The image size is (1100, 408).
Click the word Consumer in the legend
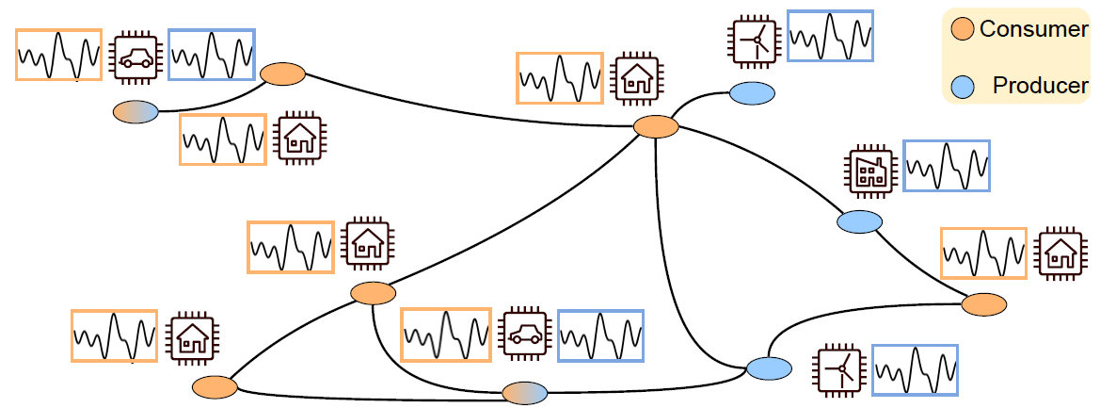(1033, 28)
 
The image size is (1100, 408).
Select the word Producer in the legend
(1040, 86)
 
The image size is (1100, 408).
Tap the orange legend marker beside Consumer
(962, 28)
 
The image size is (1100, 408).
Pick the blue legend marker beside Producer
(962, 86)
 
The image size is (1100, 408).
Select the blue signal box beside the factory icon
(946, 166)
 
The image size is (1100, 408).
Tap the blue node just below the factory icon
(859, 222)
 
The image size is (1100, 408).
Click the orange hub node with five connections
(656, 126)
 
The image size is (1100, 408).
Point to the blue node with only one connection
(752, 93)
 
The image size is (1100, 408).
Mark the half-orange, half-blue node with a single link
(136, 112)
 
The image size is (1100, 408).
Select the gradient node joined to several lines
(525, 393)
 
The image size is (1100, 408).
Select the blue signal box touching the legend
(830, 37)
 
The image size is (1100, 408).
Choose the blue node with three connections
(770, 368)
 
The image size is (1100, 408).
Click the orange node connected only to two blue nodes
(984, 304)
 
